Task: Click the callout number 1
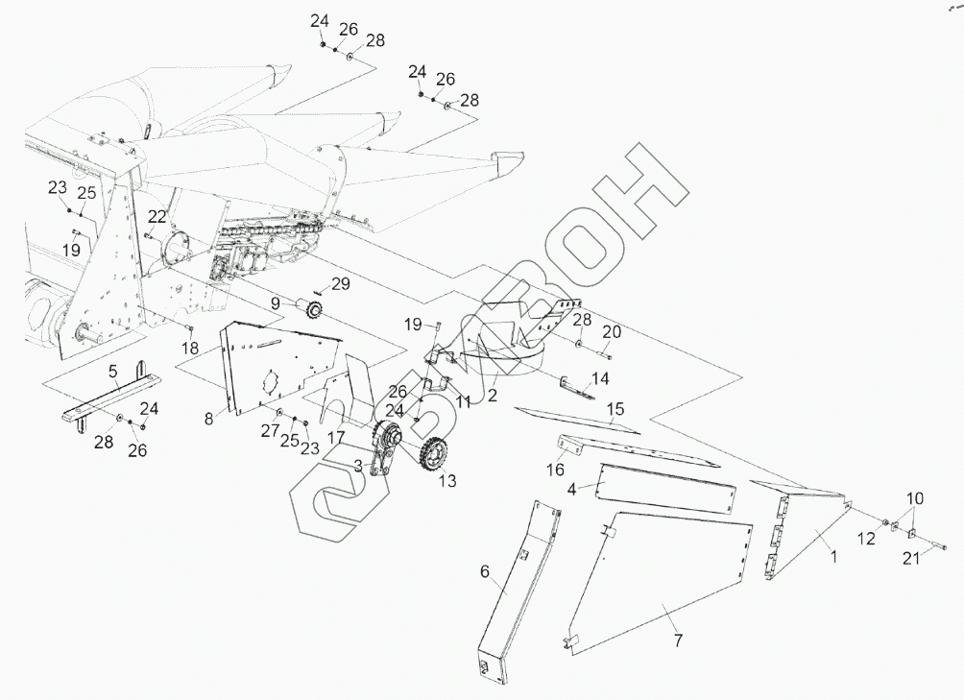(x=833, y=556)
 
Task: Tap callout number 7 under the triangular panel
(x=679, y=640)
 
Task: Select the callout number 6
(x=485, y=573)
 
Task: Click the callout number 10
(x=914, y=498)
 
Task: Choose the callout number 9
(x=275, y=302)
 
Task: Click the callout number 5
(x=112, y=371)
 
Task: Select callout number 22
(x=157, y=216)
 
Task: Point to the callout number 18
(x=190, y=347)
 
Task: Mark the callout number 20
(x=612, y=331)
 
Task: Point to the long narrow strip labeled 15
(x=576, y=420)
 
